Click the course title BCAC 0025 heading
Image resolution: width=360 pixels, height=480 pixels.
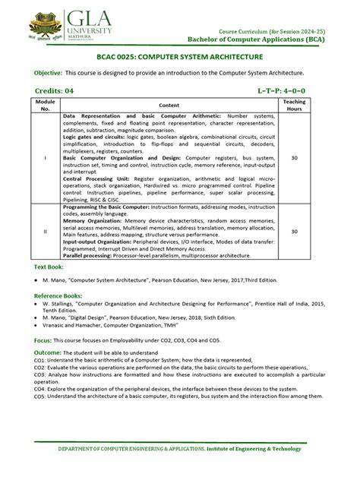click(180, 57)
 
